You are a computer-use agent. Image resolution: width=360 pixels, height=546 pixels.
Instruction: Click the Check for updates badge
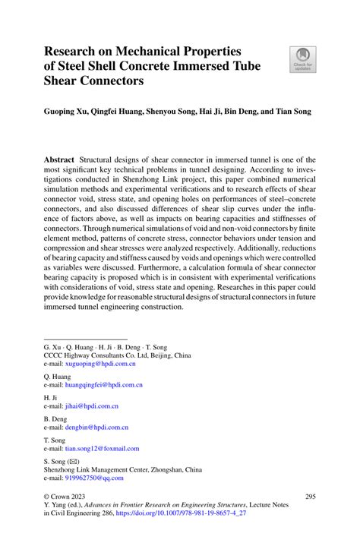[304, 60]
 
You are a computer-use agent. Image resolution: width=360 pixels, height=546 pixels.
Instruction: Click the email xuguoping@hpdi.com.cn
[100, 365]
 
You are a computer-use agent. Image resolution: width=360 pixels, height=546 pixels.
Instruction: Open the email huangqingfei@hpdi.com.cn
[104, 385]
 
